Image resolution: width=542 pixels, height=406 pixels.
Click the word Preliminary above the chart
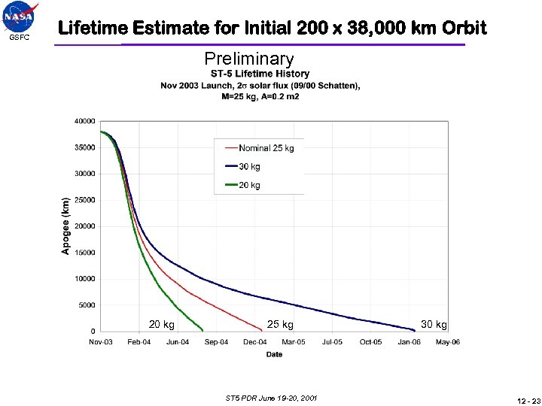[249, 59]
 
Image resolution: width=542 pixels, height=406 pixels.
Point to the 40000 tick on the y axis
[84, 121]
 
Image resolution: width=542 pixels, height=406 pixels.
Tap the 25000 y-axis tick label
[84, 200]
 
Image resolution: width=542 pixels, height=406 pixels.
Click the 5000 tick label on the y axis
[87, 305]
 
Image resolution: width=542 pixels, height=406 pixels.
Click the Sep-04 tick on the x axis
[216, 342]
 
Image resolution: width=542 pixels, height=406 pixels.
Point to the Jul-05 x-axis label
[332, 342]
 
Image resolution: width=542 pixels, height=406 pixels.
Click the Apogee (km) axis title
[65, 226]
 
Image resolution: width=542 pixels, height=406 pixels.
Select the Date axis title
[274, 354]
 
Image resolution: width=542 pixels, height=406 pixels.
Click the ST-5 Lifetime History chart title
[260, 74]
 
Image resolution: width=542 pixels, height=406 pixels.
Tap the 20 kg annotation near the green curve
[161, 325]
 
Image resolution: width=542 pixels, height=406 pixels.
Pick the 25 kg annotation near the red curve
[280, 325]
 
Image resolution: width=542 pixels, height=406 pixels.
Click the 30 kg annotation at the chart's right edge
[434, 325]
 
